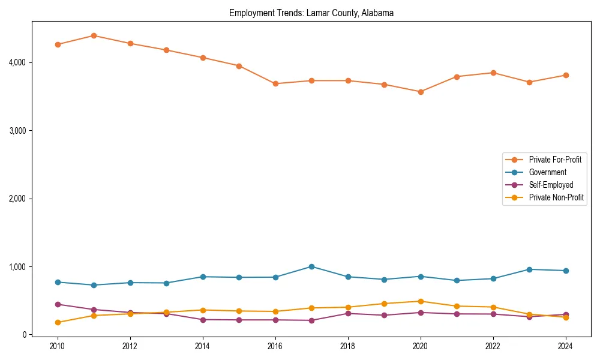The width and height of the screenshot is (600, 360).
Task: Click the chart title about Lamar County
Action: (x=311, y=13)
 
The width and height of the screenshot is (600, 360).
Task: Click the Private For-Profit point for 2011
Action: (x=94, y=35)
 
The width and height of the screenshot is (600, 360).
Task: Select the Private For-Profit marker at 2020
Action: (x=421, y=92)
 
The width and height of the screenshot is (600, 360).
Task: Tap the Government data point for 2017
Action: (x=311, y=266)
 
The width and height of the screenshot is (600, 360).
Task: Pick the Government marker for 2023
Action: (x=529, y=269)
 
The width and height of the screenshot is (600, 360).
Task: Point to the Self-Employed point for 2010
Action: (x=58, y=304)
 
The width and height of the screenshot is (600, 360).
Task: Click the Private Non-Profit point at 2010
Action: (x=58, y=322)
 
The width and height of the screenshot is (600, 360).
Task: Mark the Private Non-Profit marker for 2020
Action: (x=421, y=301)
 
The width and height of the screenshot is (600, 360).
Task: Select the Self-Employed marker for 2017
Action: (x=311, y=320)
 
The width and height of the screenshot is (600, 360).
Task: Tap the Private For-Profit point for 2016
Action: (x=275, y=83)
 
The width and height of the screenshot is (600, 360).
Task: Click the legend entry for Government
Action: (x=547, y=172)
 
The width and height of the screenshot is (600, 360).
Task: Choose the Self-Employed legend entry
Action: (x=551, y=185)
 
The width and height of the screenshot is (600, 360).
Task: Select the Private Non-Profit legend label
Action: (x=556, y=197)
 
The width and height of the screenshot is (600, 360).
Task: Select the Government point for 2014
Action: (x=203, y=277)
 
